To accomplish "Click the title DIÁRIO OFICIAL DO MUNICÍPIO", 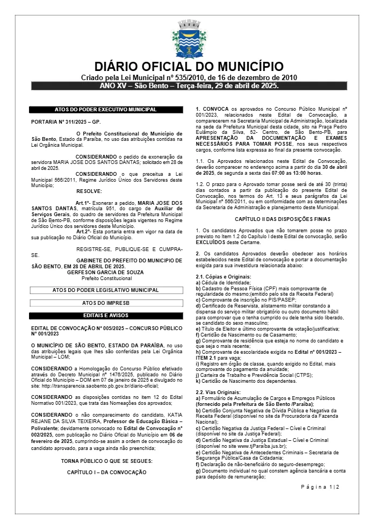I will (x=189, y=67).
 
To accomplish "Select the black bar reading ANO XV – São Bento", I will (x=189, y=86).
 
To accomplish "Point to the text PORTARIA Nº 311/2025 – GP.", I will (x=66, y=122).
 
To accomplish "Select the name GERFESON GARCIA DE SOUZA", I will (x=98, y=272).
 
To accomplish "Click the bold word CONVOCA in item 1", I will (x=217, y=109).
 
